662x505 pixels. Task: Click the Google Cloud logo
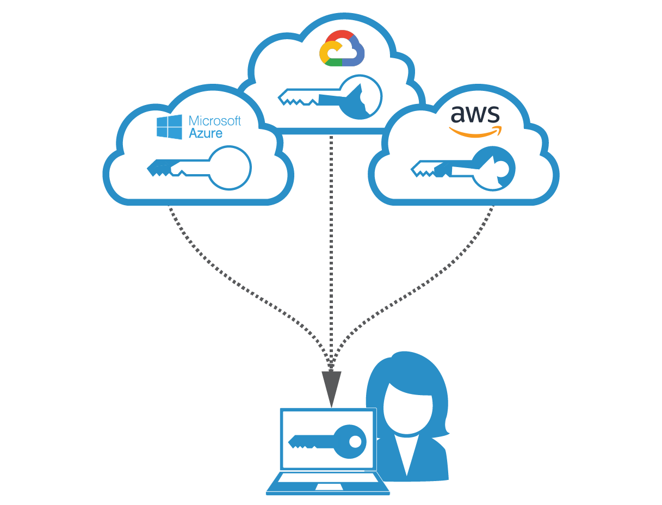pos(342,49)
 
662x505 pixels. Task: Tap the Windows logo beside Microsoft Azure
pos(169,127)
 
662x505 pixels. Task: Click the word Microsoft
pos(214,120)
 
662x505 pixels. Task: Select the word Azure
pos(206,133)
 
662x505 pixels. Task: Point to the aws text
pos(475,114)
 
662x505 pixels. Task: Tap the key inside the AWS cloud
pos(463,168)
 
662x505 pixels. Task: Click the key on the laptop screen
pos(326,440)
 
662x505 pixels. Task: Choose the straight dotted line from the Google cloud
pos(331,245)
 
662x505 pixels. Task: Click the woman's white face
pos(408,405)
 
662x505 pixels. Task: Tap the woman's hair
pos(413,370)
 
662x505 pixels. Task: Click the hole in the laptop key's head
pos(355,440)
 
